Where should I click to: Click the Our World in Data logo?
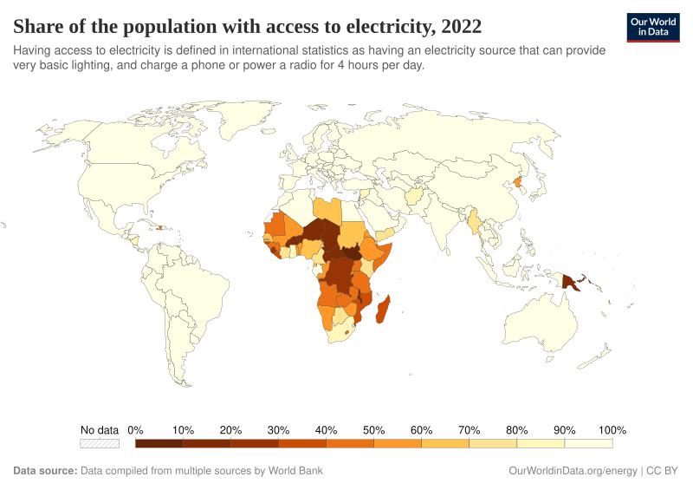pos(652,26)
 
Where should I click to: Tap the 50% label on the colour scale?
pos(374,430)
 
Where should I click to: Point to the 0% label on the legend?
pos(135,430)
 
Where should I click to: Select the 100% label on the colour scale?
pos(612,430)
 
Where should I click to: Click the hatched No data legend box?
pos(100,443)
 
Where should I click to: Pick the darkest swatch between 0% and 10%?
pos(159,443)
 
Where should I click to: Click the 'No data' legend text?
pos(100,430)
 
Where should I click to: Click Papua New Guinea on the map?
pos(573,282)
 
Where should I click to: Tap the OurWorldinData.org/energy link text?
pos(572,471)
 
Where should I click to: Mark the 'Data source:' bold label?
pos(45,471)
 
